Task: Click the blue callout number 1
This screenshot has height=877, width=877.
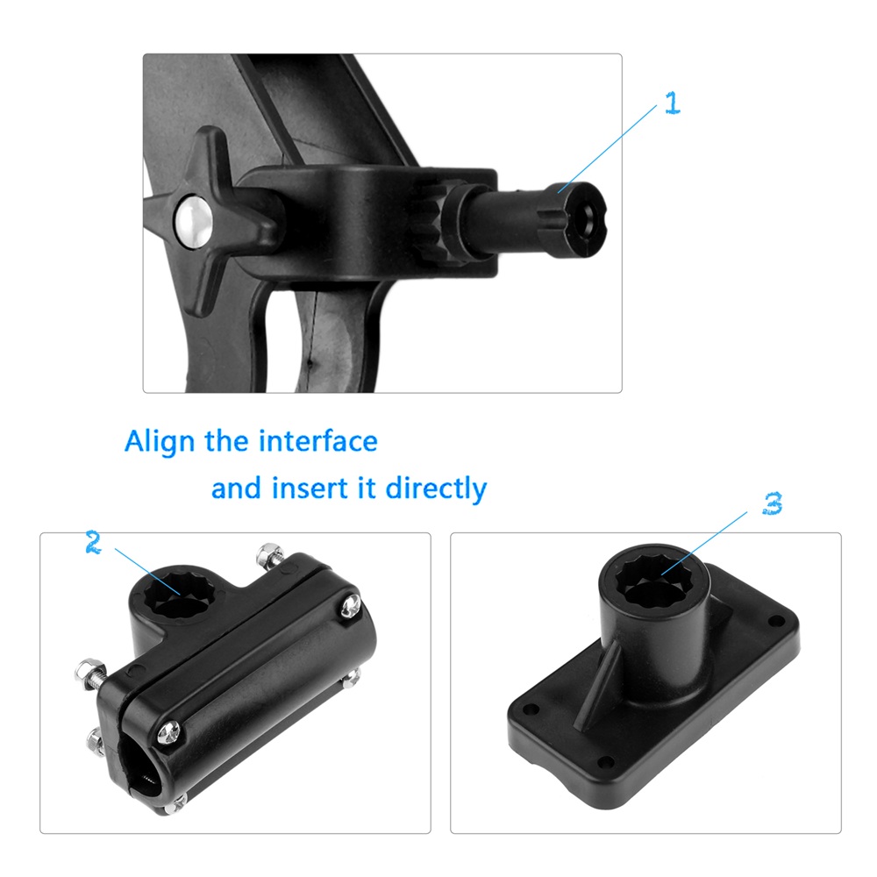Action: (x=673, y=103)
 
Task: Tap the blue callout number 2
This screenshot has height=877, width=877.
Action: (x=94, y=542)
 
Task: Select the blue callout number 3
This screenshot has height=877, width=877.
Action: (x=773, y=503)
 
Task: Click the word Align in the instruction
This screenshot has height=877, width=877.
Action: (x=160, y=442)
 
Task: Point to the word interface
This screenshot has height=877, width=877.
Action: (x=318, y=441)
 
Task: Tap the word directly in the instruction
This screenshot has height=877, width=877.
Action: (x=436, y=488)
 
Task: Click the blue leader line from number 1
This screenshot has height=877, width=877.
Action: (x=607, y=149)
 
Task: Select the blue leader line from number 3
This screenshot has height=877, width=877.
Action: (x=704, y=543)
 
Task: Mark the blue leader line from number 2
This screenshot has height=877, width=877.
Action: (x=147, y=572)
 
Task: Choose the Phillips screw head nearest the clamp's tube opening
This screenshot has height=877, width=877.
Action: (x=169, y=732)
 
